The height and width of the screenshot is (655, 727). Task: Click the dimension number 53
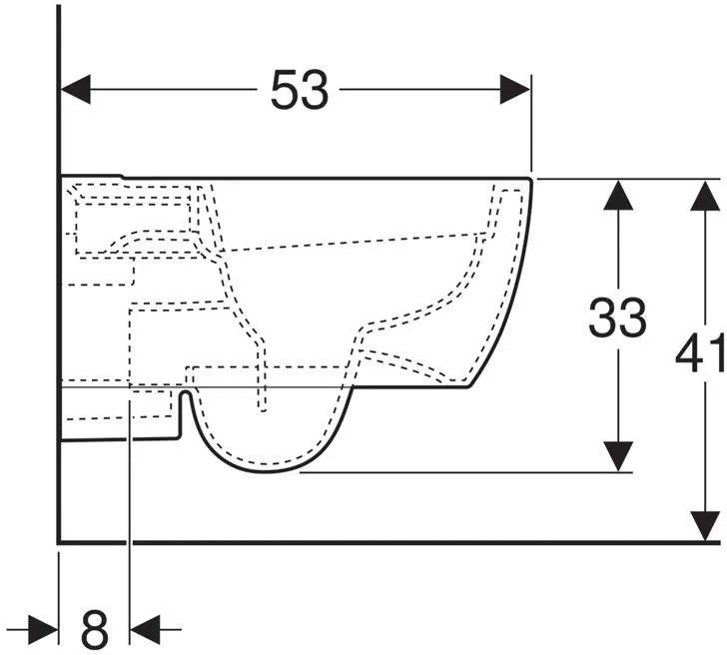click(300, 90)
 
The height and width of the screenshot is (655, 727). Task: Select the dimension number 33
click(617, 318)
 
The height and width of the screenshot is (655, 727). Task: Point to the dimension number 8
click(95, 629)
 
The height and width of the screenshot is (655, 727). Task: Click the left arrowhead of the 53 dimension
click(76, 90)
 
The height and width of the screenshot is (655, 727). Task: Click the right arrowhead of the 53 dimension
click(514, 90)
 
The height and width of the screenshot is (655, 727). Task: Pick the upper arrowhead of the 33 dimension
click(618, 195)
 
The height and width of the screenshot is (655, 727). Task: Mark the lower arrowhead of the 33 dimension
click(618, 456)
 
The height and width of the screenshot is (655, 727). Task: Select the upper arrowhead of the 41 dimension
click(705, 195)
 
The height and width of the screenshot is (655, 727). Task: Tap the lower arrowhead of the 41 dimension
click(705, 525)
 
